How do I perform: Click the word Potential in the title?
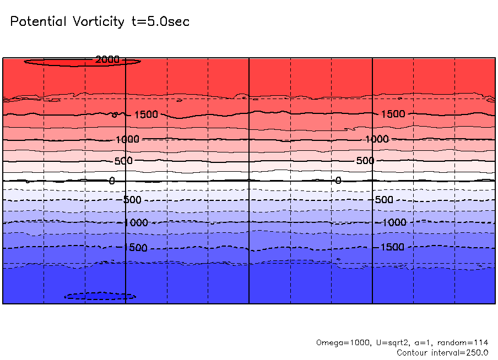tap(38, 22)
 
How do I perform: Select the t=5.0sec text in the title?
tap(159, 22)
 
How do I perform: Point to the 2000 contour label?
tap(107, 59)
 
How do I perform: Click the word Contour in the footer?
tap(413, 352)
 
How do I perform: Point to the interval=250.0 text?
tap(461, 352)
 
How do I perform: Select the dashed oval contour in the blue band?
tap(100, 296)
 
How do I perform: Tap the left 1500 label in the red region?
tap(145, 114)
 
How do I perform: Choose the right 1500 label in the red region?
tap(393, 114)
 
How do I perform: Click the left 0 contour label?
tap(112, 181)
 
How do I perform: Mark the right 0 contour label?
tap(338, 180)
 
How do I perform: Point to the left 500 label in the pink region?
tap(124, 161)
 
